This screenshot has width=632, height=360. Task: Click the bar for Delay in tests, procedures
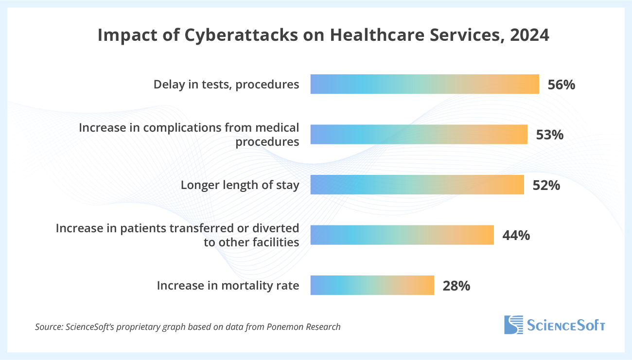[424, 84]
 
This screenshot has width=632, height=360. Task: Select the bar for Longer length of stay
[417, 185]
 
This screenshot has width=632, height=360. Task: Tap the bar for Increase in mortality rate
[372, 285]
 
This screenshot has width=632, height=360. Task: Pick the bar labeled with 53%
[419, 135]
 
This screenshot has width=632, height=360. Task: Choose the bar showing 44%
[402, 235]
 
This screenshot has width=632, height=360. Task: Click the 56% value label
[561, 85]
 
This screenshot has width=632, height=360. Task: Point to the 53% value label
[549, 135]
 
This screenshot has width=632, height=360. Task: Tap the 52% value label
[546, 185]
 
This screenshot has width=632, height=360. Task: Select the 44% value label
[516, 235]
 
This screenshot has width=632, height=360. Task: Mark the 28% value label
[456, 286]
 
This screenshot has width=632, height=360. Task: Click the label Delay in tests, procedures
[226, 85]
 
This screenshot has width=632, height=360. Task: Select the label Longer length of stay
[240, 185]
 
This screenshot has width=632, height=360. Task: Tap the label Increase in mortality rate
[228, 286]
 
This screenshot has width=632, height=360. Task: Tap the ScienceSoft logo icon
[513, 325]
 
